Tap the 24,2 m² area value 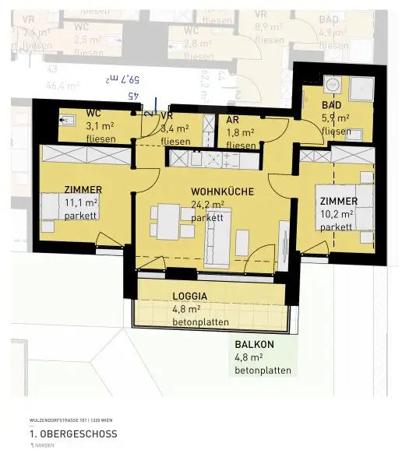(208, 205)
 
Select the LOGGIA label (189, 296)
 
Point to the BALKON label (255, 344)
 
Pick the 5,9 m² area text (336, 118)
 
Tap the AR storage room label (232, 120)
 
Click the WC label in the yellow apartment (93, 113)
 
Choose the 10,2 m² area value (337, 213)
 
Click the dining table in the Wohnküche (169, 221)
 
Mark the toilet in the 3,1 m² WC (68, 120)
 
